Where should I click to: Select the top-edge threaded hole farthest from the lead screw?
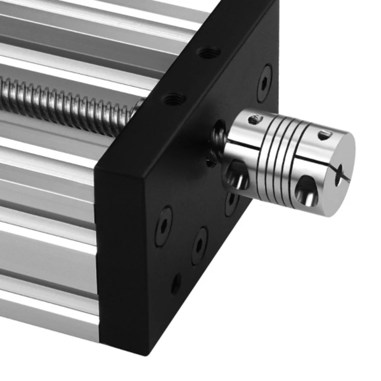[x=208, y=53]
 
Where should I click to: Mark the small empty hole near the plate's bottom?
[x=176, y=284]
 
